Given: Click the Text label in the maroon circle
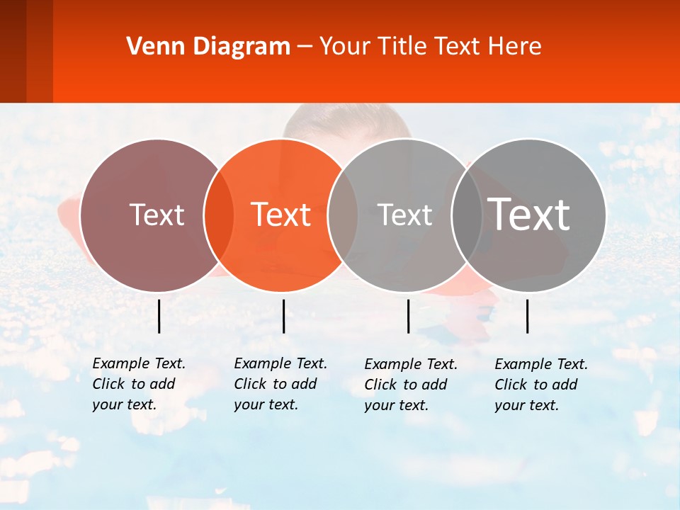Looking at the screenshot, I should [157, 215].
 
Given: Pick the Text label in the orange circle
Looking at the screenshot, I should [281, 215].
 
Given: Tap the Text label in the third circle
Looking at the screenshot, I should [405, 215].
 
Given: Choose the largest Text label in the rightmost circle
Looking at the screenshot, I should [529, 214].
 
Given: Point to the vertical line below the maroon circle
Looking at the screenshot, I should [159, 316].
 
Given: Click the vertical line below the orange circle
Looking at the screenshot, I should [283, 316].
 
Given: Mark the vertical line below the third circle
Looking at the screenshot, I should [408, 316].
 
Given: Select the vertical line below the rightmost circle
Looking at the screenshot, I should [528, 316].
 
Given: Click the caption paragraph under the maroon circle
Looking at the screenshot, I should [139, 384].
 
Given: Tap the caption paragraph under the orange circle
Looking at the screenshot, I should [280, 384].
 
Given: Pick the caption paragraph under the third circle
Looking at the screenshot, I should [411, 385].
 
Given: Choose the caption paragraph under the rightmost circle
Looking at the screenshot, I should [541, 385].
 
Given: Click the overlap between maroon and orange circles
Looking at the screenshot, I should [219, 215].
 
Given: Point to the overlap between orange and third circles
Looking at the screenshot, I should [343, 215].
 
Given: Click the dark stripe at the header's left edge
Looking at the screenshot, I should [13, 51].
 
